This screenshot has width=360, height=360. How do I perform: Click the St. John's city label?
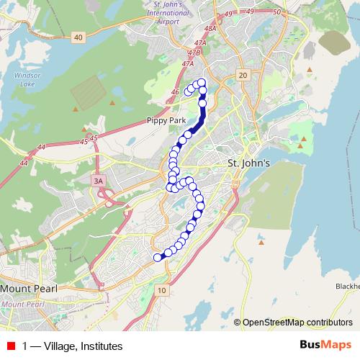(248, 163)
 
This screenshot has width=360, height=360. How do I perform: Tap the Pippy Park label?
(162, 120)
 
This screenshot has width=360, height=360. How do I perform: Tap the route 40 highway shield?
(78, 37)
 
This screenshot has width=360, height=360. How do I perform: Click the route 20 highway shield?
(243, 75)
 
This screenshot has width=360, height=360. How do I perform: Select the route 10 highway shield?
(162, 289)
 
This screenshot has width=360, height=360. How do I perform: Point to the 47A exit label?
(189, 63)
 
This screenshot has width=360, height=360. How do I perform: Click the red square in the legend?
(10, 346)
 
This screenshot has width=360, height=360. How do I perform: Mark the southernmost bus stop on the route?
(158, 257)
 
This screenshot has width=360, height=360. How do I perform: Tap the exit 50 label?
(275, 12)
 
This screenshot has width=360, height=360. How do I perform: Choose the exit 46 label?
(175, 92)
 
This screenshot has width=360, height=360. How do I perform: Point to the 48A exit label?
(210, 28)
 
